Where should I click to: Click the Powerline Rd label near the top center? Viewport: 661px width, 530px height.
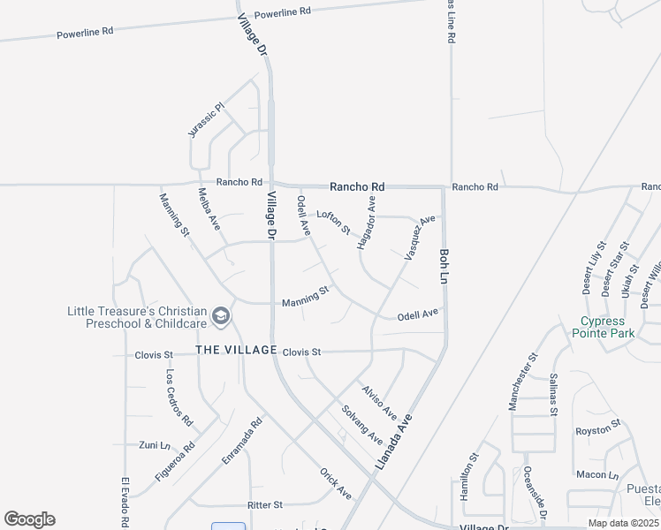pos(283,13)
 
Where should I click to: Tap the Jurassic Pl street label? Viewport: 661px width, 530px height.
pos(208,119)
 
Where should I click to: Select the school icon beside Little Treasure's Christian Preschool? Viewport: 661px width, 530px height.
pos(221,316)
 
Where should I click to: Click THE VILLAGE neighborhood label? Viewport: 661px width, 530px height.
pos(236,351)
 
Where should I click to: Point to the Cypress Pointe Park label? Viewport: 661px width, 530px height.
pos(604,327)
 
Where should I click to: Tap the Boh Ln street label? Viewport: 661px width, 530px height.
pos(444,265)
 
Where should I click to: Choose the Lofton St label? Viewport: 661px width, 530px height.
pos(334,221)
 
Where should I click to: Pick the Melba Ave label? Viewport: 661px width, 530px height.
pos(209,209)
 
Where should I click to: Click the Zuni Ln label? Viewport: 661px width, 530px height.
pos(154,444)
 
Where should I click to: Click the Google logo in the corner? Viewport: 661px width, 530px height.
pos(29,519)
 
